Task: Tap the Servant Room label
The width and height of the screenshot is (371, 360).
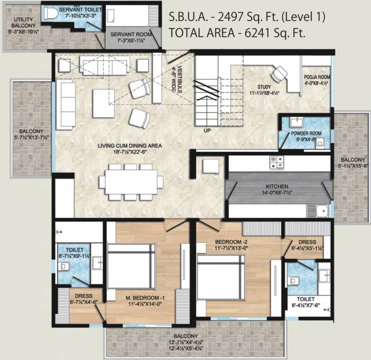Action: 132,34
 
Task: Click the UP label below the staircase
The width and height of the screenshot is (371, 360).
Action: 206,130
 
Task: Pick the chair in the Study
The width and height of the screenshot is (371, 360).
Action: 280,73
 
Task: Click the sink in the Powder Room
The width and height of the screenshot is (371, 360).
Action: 296,123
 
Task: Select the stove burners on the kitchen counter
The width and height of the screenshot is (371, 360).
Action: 276,162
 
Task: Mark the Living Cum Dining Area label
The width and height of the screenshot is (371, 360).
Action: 129,146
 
